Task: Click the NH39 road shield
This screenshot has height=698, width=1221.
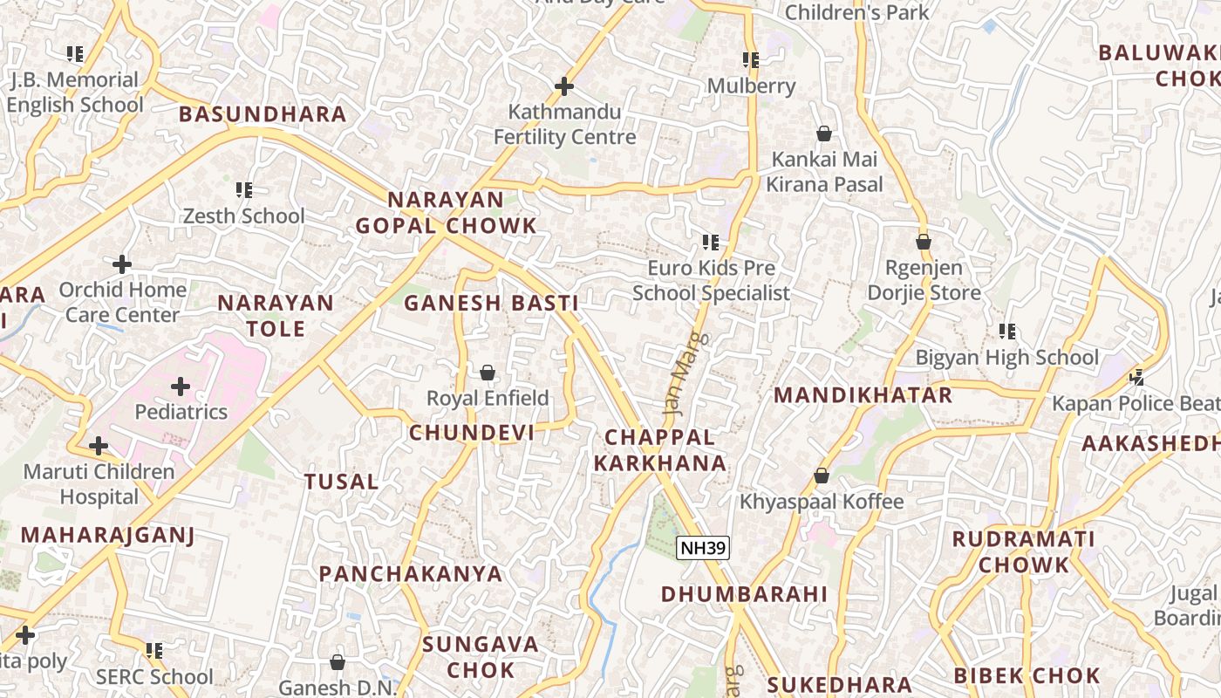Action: (x=702, y=548)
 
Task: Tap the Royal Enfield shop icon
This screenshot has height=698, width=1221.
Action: (x=488, y=373)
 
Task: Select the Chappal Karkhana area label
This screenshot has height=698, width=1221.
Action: (x=660, y=450)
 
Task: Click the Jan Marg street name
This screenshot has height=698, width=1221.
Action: (x=686, y=371)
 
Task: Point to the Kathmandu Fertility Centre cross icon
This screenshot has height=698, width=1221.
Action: (x=564, y=86)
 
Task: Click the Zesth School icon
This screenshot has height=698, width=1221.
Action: (x=244, y=189)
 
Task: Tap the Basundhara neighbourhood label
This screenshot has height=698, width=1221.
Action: (x=263, y=114)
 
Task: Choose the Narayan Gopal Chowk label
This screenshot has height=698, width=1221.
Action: (x=446, y=213)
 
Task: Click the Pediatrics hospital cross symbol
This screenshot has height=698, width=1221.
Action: (x=181, y=386)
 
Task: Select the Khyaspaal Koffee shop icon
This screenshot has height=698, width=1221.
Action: (x=821, y=476)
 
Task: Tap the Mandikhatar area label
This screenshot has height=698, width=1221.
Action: (x=863, y=395)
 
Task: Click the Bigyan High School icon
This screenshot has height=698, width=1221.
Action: (x=1007, y=332)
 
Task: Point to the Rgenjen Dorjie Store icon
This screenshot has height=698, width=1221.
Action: (x=924, y=242)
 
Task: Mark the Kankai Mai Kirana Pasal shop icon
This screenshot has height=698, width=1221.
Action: (x=823, y=133)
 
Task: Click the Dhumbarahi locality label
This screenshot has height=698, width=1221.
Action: (x=744, y=594)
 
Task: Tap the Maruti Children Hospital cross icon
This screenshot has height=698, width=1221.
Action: (x=99, y=446)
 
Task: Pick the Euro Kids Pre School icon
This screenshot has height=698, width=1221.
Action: (x=711, y=242)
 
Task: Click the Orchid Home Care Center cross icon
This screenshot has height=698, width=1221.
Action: (x=122, y=263)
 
